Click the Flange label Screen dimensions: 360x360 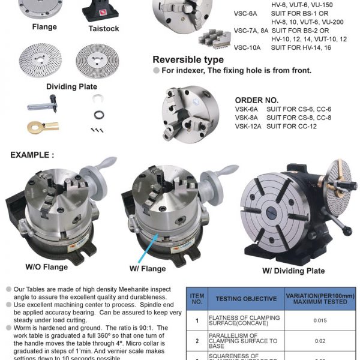pyautogui.click(x=44, y=26)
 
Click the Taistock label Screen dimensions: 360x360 pyautogui.click(x=103, y=28)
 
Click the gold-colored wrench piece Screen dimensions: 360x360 pyautogui.click(x=41, y=126)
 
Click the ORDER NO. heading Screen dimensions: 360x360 pyautogui.click(x=256, y=100)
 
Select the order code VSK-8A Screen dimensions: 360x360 pyautogui.click(x=247, y=118)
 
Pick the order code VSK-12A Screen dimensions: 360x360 pyautogui.click(x=248, y=126)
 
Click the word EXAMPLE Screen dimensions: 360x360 pyautogui.click(x=32, y=155)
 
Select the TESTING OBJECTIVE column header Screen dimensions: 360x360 pyautogui.click(x=246, y=298)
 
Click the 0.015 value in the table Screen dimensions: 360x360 pyautogui.click(x=320, y=320)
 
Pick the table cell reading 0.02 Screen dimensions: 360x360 pyautogui.click(x=320, y=340)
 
